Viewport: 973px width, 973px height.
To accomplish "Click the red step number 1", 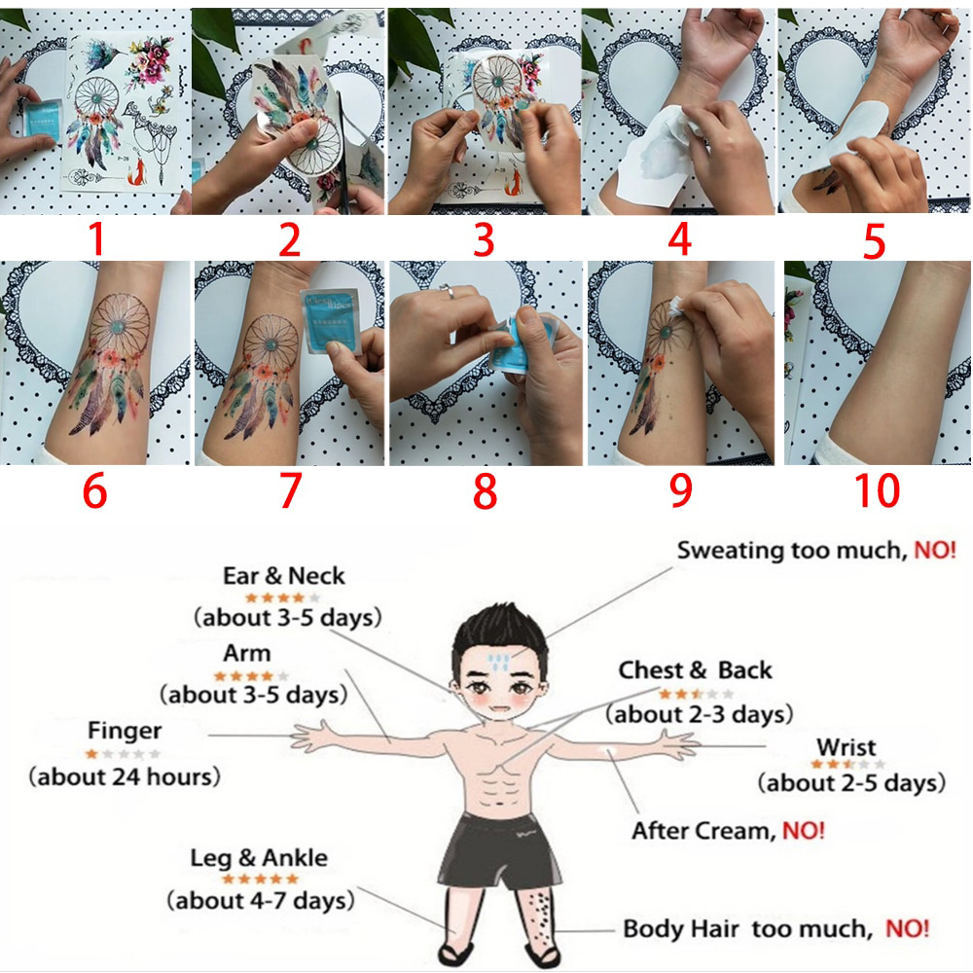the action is point(95,239).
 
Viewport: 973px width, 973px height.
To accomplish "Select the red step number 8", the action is point(486,491).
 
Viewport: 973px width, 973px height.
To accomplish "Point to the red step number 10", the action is point(877,490).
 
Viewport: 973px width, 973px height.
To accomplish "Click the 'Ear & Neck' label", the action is point(283,576).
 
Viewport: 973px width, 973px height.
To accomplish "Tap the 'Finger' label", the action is point(125,732).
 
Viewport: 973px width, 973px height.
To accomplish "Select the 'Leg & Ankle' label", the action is point(259,858).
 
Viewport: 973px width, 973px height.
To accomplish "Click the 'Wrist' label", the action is point(847,746).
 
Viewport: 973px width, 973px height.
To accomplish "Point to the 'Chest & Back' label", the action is point(696,670).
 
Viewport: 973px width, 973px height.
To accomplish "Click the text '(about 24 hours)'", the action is point(125,776).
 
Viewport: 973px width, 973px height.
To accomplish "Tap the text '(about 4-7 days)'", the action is point(261,900).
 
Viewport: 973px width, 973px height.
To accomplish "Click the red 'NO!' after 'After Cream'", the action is point(804,830).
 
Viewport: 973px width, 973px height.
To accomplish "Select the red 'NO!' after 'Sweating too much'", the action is point(935,550).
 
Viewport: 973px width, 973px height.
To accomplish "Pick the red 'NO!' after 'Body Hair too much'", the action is point(907,928).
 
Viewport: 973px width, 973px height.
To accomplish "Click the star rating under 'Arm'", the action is point(251,676).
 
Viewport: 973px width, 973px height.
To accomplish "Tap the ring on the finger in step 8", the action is point(447,290).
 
